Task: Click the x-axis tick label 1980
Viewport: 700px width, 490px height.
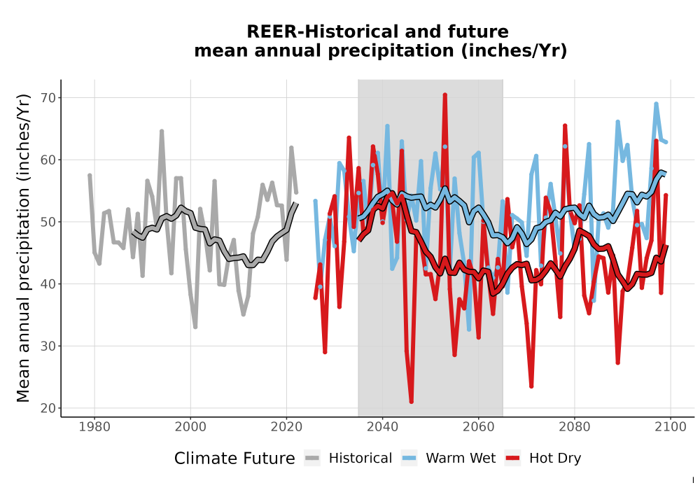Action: [x=94, y=427]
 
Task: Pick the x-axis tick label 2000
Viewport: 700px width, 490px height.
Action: [x=190, y=427]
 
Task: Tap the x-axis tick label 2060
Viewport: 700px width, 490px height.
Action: [x=479, y=427]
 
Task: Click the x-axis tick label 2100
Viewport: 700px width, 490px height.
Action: [x=671, y=427]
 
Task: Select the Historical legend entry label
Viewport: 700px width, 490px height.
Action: [x=360, y=458]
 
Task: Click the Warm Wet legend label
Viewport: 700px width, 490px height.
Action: [x=461, y=458]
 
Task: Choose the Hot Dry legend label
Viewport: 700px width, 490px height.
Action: [x=555, y=458]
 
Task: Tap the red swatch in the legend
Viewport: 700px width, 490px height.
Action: [x=512, y=458]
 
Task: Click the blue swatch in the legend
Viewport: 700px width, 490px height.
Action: [x=409, y=458]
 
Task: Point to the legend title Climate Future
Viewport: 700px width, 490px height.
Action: [x=234, y=458]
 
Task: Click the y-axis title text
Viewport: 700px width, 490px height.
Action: [x=23, y=248]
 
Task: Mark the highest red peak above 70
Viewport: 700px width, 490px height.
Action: [x=445, y=94]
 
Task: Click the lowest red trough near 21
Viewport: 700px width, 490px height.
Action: [x=411, y=402]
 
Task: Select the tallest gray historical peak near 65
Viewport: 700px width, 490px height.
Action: [x=162, y=131]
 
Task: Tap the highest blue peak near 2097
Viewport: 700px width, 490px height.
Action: [x=657, y=104]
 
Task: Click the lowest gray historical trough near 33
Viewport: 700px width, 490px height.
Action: [x=195, y=327]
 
